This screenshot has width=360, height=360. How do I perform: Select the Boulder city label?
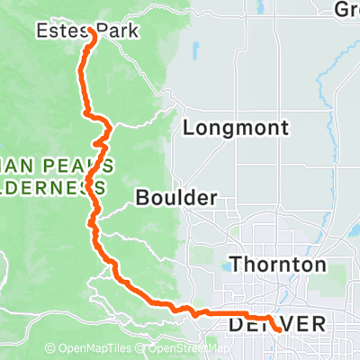pos(177,197)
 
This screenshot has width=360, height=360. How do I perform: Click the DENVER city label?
pos(275,323)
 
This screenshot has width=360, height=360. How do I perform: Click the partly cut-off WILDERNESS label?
pos(52,187)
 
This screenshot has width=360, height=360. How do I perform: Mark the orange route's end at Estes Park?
pos(93,30)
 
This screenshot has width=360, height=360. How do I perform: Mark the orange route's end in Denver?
pos(278,330)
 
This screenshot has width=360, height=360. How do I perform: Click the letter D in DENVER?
pos(237,323)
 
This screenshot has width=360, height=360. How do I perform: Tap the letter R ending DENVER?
pos(315,323)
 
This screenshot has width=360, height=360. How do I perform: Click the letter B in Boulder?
pos(144,197)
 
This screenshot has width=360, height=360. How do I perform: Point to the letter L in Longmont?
pos(188,129)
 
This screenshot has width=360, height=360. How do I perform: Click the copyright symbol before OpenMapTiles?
pos(50,349)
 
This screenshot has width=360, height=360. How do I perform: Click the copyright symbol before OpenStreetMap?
pos(148,349)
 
